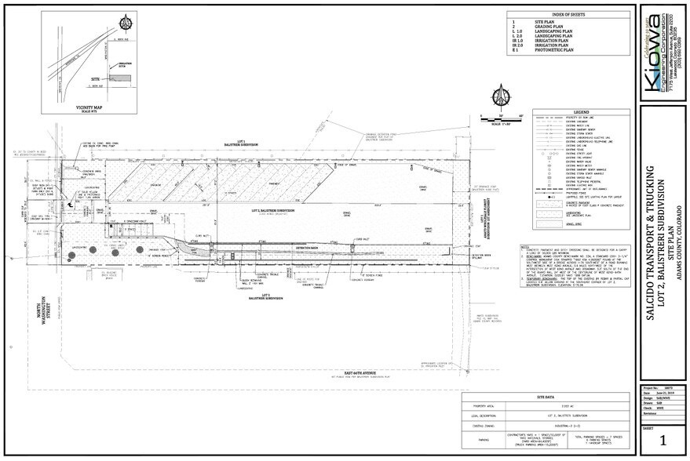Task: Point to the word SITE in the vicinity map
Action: point(96,79)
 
